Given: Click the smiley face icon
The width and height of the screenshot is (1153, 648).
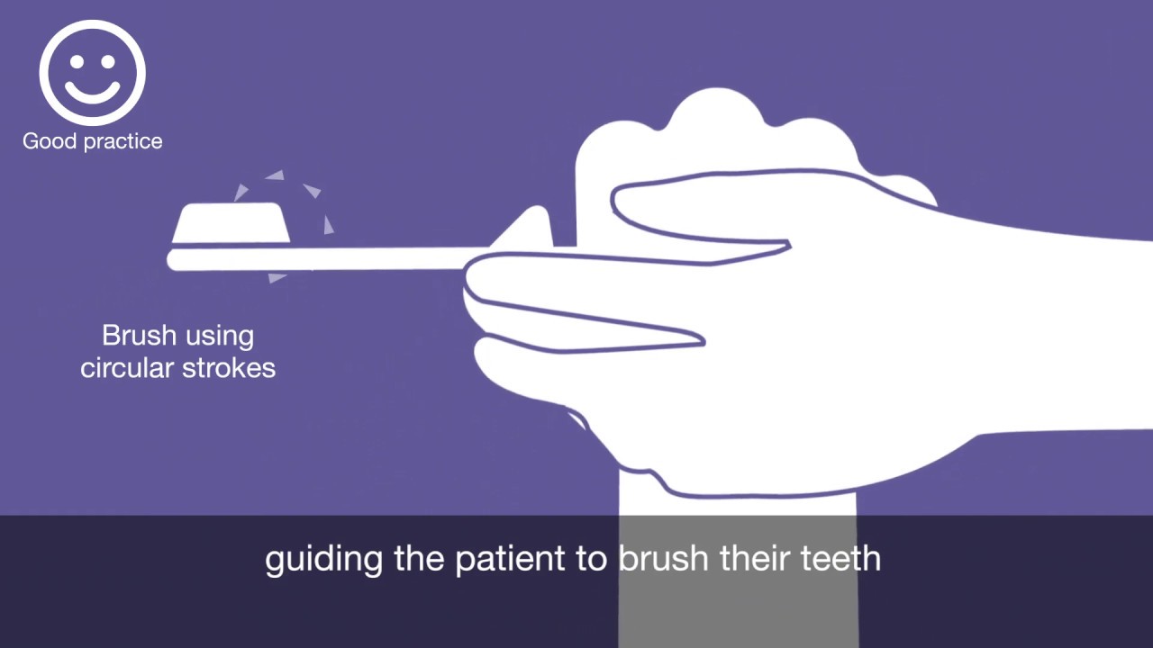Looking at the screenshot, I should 92,72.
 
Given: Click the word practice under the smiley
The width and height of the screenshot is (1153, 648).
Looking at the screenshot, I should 122,142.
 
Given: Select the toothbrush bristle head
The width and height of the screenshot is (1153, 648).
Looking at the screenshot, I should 232,223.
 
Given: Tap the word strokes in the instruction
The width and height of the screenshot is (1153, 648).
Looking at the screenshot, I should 232,368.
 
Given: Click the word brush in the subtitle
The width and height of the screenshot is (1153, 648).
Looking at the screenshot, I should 664,559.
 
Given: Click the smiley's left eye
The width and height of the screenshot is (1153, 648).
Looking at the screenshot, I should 77,61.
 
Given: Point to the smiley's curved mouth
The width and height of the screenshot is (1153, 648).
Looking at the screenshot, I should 92,92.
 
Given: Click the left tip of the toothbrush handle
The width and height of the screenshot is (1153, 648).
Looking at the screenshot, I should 174,260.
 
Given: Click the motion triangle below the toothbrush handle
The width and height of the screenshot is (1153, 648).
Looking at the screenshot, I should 277,277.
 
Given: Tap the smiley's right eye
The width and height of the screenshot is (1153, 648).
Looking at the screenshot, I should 108,61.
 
